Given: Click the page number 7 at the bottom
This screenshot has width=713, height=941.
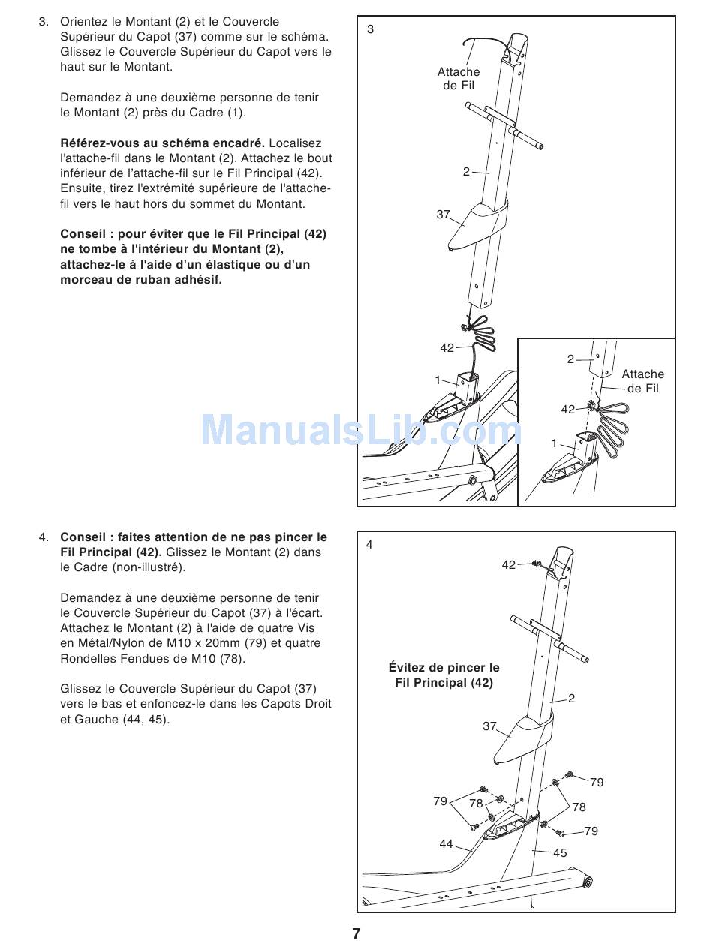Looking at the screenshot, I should (x=356, y=933).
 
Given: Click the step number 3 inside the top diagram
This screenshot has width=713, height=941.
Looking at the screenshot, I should (x=370, y=29).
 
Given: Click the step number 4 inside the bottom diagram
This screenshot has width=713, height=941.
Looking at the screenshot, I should (x=369, y=545).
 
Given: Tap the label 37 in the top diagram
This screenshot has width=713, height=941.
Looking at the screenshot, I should (x=443, y=215).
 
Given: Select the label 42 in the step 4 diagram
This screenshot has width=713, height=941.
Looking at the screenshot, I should (x=509, y=565).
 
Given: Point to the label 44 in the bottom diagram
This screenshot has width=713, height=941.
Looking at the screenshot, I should (x=446, y=844).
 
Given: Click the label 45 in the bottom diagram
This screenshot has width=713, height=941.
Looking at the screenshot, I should (x=560, y=852).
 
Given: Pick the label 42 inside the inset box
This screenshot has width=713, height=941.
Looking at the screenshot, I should (x=568, y=409).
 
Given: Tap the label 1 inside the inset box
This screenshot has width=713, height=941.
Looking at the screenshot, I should (x=555, y=443).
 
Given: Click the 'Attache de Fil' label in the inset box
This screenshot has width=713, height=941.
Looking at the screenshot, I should (x=642, y=381).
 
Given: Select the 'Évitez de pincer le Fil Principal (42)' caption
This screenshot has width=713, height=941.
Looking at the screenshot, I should (x=444, y=675).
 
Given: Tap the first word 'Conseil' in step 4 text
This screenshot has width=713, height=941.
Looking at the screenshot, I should (x=86, y=537).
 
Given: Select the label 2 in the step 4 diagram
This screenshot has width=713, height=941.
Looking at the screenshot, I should (x=571, y=699).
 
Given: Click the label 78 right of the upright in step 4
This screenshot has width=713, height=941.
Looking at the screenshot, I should (x=579, y=807).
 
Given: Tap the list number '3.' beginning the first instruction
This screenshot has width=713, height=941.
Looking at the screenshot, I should (x=44, y=22).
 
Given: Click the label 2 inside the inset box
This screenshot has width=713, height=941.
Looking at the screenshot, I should (x=570, y=359).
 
